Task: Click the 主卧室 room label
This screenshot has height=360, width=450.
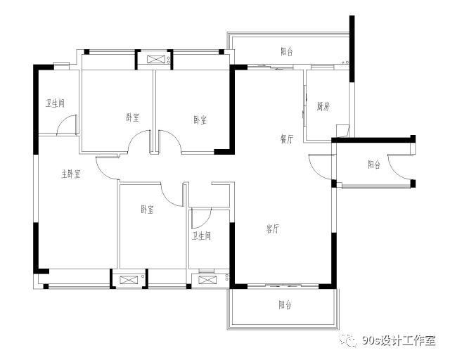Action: (70, 174)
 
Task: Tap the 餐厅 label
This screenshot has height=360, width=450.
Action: (287, 139)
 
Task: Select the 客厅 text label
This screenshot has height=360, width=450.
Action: (272, 229)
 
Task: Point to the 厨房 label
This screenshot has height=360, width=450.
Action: (323, 106)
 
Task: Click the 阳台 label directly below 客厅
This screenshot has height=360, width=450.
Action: (285, 304)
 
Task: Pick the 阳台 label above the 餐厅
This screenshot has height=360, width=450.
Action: (287, 51)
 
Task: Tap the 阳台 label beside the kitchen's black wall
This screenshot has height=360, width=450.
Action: (374, 165)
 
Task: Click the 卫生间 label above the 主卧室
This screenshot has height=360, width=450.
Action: (55, 103)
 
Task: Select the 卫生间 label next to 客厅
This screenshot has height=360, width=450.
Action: (202, 236)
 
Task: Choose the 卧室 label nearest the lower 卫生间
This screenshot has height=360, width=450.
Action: (147, 210)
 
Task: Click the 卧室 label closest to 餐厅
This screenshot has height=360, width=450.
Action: (200, 120)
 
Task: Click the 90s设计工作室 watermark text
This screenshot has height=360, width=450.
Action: (399, 341)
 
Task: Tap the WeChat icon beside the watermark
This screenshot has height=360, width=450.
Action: (349, 340)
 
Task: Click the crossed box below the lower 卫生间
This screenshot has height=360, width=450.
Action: (206, 280)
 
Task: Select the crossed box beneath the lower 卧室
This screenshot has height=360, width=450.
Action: (127, 280)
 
